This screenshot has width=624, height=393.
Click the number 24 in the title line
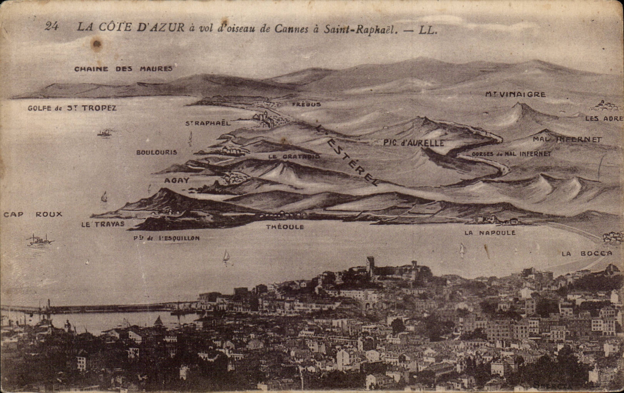click(x=52, y=26)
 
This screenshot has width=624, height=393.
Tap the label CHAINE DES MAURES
click(x=123, y=69)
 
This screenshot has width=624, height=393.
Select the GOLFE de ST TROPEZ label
click(x=72, y=108)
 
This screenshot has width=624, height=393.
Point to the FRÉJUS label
click(x=306, y=104)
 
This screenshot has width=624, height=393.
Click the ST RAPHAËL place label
click(x=208, y=123)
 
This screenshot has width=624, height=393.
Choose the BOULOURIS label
click(x=157, y=152)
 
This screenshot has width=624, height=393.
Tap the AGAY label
click(x=177, y=180)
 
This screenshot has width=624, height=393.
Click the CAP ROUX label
click(x=33, y=214)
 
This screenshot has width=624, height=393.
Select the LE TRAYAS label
click(x=103, y=224)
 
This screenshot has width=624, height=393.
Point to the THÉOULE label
click(x=285, y=227)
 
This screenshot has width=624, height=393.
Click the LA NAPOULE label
click(x=490, y=233)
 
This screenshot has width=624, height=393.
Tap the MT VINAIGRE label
click(x=516, y=94)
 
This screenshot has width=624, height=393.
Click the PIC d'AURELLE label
click(x=414, y=143)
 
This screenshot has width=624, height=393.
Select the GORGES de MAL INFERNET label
click(x=511, y=154)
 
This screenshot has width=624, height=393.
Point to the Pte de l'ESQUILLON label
click(x=167, y=238)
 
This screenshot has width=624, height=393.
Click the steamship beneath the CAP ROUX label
click(x=40, y=240)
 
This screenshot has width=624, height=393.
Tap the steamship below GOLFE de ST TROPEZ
click(x=105, y=133)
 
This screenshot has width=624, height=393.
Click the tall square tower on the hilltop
click(x=370, y=265)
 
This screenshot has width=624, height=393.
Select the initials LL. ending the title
click(x=428, y=30)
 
